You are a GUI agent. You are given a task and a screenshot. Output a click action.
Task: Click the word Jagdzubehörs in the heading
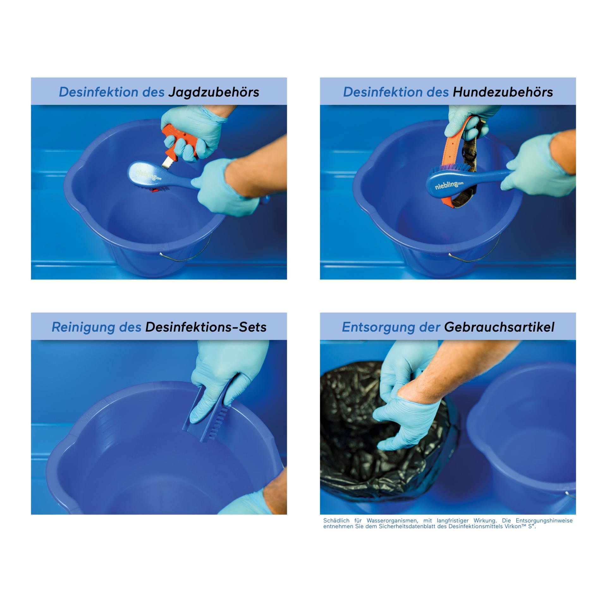click(x=214, y=92)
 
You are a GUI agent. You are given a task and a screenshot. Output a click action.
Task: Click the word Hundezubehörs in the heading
click(x=503, y=92)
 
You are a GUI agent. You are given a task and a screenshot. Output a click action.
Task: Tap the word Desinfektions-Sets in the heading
click(x=206, y=327)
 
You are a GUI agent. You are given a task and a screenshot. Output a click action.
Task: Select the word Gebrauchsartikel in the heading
click(x=499, y=327)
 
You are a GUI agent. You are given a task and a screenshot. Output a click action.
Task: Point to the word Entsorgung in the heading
click(x=375, y=328)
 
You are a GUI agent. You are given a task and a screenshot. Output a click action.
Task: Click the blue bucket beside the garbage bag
click(x=522, y=436)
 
